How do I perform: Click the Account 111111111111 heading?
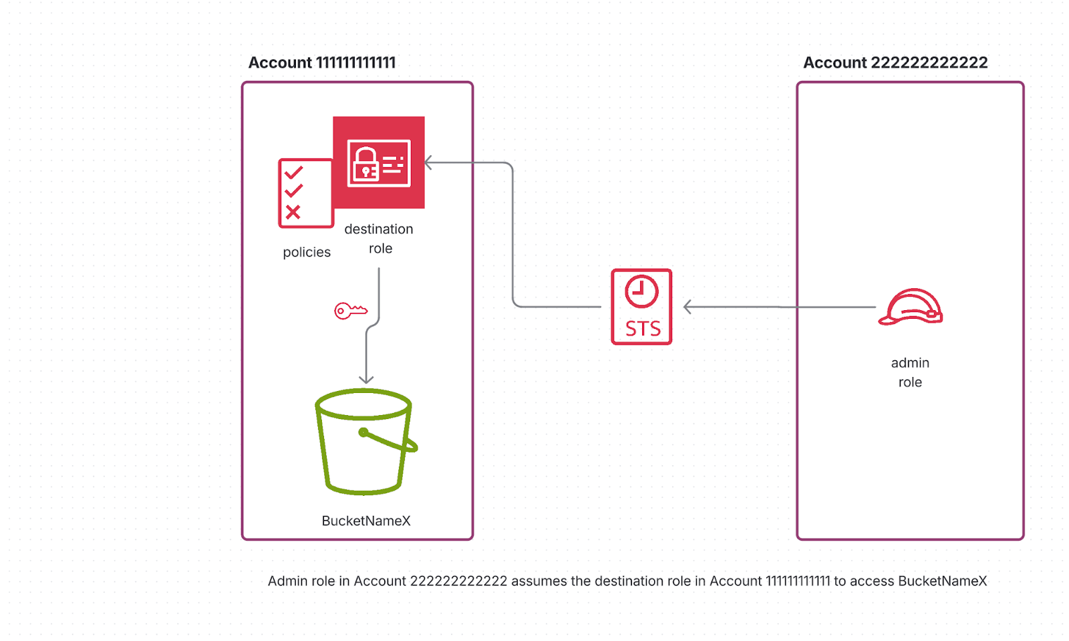click(322, 63)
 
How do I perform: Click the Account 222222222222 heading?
click(895, 63)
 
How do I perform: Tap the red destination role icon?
click(379, 162)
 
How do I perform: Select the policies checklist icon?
click(305, 193)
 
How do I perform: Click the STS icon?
click(641, 307)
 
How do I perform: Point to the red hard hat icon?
click(910, 307)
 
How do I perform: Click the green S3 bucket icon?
click(365, 442)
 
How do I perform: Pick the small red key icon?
click(350, 311)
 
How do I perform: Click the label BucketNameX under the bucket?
click(366, 521)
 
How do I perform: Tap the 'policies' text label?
click(307, 252)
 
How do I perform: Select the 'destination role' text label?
click(379, 239)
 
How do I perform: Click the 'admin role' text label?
click(910, 372)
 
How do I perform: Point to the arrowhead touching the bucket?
click(366, 380)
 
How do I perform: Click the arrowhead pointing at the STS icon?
click(687, 307)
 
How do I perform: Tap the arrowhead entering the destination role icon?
click(428, 162)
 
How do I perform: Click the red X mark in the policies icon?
click(293, 213)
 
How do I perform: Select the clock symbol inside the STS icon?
click(641, 291)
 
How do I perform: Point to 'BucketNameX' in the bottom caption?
click(942, 581)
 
